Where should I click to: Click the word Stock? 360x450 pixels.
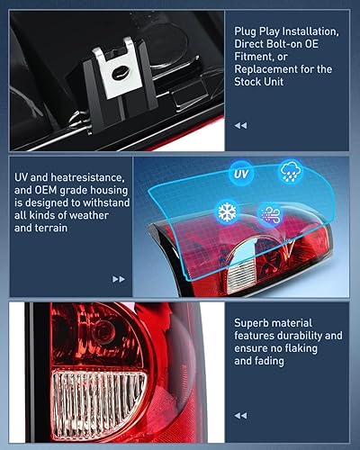[248, 81]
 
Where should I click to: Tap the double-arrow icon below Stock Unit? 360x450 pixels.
[240, 126]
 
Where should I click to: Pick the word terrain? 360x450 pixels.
[55, 229]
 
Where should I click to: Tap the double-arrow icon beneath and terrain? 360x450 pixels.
[118, 280]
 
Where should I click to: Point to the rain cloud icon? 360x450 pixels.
[291, 171]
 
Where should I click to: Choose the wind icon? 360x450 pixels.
[270, 215]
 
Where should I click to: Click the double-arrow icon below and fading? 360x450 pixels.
[240, 416]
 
